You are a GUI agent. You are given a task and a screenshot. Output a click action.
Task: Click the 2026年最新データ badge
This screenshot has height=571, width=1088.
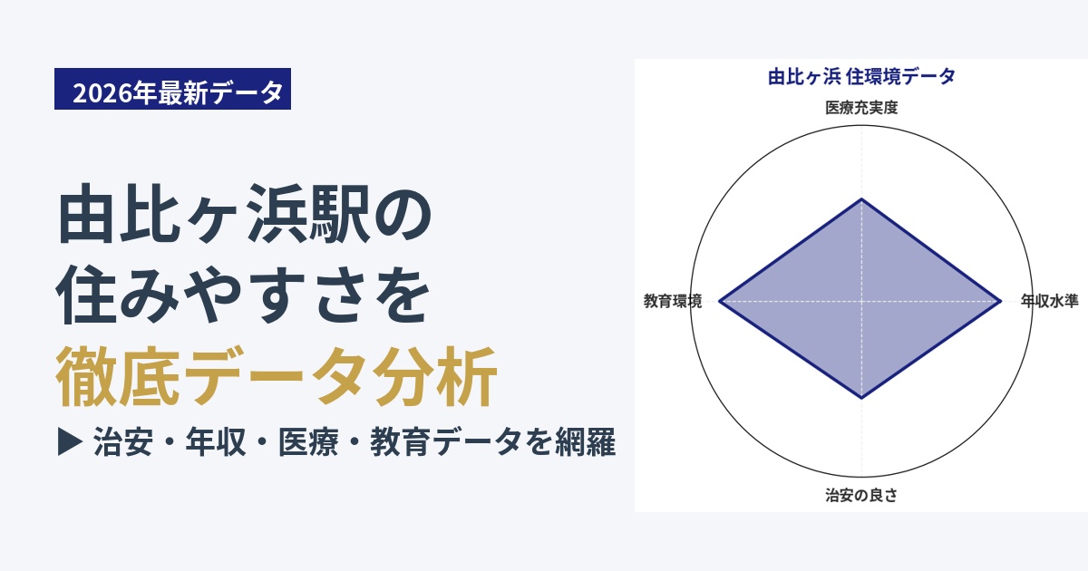pyautogui.click(x=172, y=89)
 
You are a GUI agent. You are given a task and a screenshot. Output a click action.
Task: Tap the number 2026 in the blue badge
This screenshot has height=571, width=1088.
pyautogui.click(x=103, y=92)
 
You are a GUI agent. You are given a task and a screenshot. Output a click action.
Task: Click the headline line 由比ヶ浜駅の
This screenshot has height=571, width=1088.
pyautogui.click(x=244, y=214)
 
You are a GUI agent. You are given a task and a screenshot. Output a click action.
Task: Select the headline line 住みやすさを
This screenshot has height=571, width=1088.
pyautogui.click(x=243, y=295)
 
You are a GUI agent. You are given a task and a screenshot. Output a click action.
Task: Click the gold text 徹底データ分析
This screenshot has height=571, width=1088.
pyautogui.click(x=276, y=376)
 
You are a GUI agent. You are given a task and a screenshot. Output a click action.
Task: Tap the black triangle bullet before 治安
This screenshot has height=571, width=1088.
pyautogui.click(x=70, y=442)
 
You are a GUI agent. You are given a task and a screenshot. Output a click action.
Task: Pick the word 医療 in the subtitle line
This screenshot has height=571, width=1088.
pyautogui.click(x=308, y=442)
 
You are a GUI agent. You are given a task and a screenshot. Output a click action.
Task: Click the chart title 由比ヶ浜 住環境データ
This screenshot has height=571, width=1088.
pyautogui.click(x=861, y=77)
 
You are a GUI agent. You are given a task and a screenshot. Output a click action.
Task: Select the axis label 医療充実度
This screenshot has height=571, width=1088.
pyautogui.click(x=861, y=107)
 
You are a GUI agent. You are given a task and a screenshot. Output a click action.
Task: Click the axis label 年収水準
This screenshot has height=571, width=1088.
pyautogui.click(x=1050, y=301)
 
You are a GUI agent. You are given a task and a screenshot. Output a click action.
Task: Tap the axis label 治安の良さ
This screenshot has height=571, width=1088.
pyautogui.click(x=861, y=495)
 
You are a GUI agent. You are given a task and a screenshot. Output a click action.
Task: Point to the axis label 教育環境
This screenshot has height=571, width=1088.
pyautogui.click(x=673, y=301)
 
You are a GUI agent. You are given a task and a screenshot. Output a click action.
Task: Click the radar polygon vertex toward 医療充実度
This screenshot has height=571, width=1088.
pyautogui.click(x=862, y=198)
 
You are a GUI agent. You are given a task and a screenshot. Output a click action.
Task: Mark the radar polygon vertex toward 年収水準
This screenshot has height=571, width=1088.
pyautogui.click(x=1001, y=301)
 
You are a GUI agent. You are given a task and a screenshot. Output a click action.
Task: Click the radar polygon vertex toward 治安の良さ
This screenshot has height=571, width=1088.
pyautogui.click(x=862, y=398)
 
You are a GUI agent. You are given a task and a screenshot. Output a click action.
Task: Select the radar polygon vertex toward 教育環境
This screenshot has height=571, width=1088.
pyautogui.click(x=719, y=301)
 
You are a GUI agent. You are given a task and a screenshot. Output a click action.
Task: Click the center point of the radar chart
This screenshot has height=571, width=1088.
pyautogui.click(x=862, y=301)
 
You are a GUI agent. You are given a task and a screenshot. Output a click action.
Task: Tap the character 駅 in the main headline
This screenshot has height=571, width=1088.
pyautogui.click(x=339, y=214)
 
